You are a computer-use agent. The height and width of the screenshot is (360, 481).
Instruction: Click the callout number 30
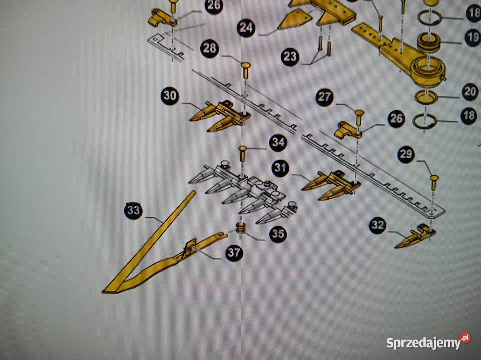tap(170, 96)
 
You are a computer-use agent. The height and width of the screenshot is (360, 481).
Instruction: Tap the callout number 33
tap(133, 210)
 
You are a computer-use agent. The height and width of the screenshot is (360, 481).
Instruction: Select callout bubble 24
tap(246, 28)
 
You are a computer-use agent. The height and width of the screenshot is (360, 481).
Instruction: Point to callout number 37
tap(234, 253)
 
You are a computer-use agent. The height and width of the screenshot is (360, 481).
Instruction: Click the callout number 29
tap(406, 154)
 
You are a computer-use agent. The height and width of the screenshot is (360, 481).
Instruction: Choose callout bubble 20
tap(470, 91)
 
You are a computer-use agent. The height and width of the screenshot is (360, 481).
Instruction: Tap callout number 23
tap(290, 56)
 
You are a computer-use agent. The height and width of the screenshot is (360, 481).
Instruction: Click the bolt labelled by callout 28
tap(246, 70)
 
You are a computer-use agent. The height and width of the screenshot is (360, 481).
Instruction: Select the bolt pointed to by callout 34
tap(243, 154)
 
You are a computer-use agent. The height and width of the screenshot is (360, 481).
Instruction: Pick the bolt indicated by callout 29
tap(434, 182)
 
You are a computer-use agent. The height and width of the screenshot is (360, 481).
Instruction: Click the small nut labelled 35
tap(241, 228)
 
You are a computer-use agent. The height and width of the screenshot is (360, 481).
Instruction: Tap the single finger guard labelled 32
tap(415, 236)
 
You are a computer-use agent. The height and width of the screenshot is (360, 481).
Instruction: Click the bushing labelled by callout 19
tap(429, 42)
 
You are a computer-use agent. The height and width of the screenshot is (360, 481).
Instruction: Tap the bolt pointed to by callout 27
tap(360, 117)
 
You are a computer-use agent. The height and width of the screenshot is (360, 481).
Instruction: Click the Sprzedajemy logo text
tap(424, 343)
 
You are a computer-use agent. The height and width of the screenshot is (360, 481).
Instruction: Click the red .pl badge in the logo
tap(465, 338)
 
